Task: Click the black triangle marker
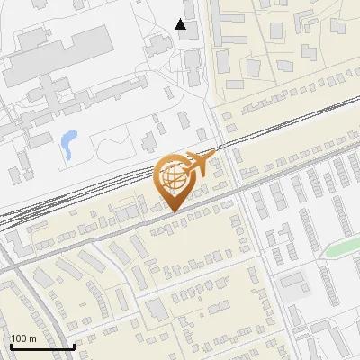pyautogui.click(x=181, y=24)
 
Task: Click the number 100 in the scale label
pyautogui.click(x=20, y=338)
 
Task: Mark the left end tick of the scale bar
pyautogui.click(x=11, y=346)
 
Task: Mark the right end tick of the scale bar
pyautogui.click(x=75, y=346)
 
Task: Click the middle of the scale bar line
pyautogui.click(x=42, y=347)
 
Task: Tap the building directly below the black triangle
pyautogui.click(x=192, y=62)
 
